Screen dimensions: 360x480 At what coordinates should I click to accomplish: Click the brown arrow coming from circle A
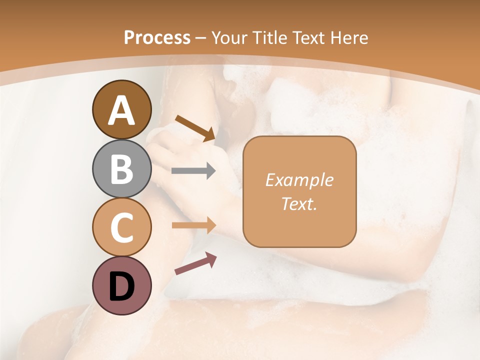pyautogui.click(x=195, y=127)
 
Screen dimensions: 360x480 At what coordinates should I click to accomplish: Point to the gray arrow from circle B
pyautogui.click(x=193, y=171)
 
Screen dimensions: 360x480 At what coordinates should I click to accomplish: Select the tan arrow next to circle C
pyautogui.click(x=193, y=225)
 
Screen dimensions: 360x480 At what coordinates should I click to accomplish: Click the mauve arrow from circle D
pyautogui.click(x=195, y=263)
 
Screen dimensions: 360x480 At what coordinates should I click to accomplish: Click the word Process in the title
pyautogui.click(x=157, y=37)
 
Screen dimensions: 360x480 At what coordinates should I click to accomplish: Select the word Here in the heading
pyautogui.click(x=349, y=37)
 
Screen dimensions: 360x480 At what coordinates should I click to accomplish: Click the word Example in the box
pyautogui.click(x=299, y=180)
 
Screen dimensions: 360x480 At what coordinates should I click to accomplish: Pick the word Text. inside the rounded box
pyautogui.click(x=299, y=204)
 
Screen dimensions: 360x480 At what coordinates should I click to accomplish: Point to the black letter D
pyautogui.click(x=121, y=286)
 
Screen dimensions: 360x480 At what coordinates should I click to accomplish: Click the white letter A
pyautogui.click(x=121, y=110)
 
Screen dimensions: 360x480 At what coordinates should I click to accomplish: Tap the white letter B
pyautogui.click(x=121, y=168)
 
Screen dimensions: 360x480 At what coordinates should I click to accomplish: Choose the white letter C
pyautogui.click(x=121, y=227)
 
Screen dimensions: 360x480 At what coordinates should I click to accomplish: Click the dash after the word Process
pyautogui.click(x=201, y=38)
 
